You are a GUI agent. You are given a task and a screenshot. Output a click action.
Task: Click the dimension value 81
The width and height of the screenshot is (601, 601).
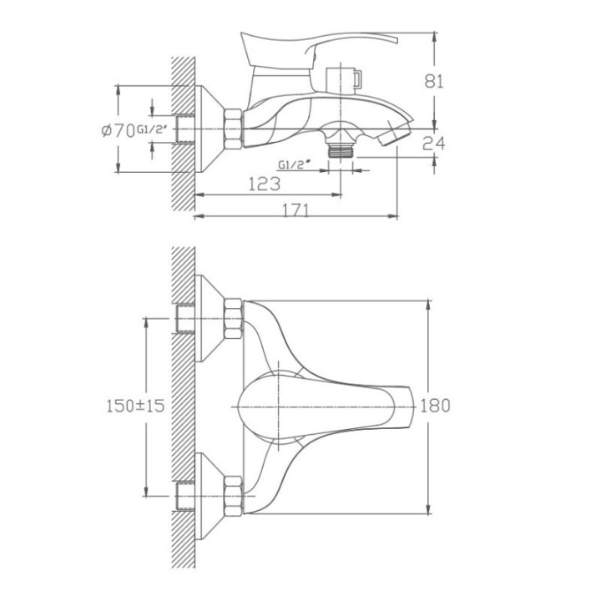434,81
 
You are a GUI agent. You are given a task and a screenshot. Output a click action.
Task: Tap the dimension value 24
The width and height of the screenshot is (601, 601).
433,144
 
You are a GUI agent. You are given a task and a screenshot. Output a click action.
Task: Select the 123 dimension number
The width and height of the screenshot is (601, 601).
265,184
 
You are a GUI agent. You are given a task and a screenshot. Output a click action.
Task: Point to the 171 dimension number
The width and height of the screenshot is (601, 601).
295,210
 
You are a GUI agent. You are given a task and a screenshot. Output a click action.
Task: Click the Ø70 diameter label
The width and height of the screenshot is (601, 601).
118,131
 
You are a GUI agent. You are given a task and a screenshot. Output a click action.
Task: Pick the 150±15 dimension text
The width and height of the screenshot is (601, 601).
135,406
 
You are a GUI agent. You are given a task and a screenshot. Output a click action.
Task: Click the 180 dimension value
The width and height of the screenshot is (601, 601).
436,406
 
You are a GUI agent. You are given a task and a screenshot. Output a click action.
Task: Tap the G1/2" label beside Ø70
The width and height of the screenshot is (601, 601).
152,130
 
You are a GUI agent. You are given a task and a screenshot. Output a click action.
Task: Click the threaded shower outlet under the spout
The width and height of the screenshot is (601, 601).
341,150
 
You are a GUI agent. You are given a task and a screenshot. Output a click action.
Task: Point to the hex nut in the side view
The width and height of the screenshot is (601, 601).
233,129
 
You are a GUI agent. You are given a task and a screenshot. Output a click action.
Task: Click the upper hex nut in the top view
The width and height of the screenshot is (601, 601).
233,319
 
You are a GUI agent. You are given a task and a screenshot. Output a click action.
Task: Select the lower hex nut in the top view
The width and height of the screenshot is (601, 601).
233,497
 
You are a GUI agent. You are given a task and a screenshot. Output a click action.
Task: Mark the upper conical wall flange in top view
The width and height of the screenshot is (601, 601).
210,319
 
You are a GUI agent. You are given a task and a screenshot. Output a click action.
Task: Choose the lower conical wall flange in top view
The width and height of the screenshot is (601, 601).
210,497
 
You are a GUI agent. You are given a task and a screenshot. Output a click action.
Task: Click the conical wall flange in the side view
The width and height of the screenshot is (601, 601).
210,129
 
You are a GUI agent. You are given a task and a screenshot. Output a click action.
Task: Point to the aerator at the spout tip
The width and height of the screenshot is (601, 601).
395,134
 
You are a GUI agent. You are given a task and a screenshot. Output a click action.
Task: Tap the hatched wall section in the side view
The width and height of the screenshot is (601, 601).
183,134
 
